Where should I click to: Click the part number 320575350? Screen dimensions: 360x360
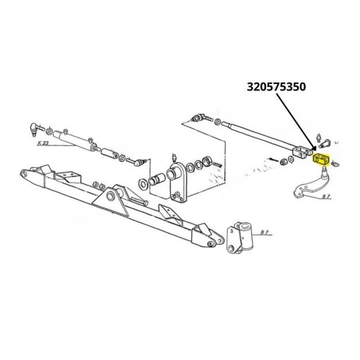coord(276,87)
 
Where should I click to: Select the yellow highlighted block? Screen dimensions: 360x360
coord(321,158)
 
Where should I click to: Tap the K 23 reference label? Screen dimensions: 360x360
coord(43,143)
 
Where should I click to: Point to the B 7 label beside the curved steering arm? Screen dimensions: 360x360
coord(326,196)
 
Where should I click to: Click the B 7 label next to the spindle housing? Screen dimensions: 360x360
coord(265,232)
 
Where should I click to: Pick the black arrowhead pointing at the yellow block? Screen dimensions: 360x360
coord(313,149)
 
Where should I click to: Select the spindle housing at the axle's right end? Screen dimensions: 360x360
coord(239,237)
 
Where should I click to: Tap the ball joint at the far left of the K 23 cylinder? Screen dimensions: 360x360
coord(35,129)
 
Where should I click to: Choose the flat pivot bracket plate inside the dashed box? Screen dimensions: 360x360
coord(177,181)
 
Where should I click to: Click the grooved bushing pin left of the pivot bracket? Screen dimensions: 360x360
coord(155,179)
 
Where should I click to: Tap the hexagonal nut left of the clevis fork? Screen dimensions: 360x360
coord(283,162)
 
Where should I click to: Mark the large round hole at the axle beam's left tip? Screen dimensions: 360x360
coord(23,174)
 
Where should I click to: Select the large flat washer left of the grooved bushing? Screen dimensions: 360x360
coord(143,184)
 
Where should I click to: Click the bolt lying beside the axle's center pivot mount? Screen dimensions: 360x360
coord(139,201)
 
